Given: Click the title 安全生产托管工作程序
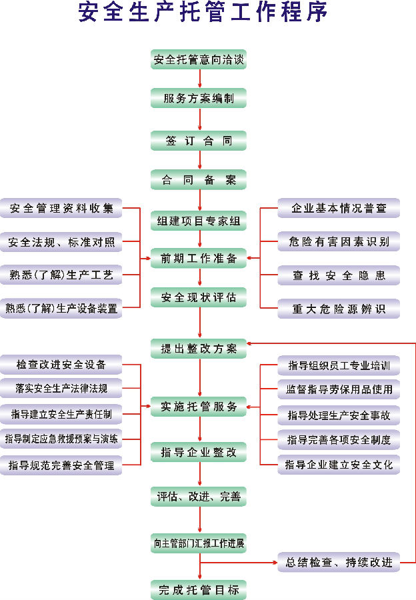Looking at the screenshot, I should click(x=203, y=14).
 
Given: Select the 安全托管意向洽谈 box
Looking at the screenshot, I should click(x=199, y=60).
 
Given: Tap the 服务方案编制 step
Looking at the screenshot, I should click(x=199, y=99).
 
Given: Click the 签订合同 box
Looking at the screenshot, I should click(x=199, y=141).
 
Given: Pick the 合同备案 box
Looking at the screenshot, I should click(x=199, y=179).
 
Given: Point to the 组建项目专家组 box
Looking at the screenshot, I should click(x=199, y=221).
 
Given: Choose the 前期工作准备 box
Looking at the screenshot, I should click(x=199, y=258).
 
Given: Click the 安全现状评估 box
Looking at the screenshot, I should click(x=199, y=297).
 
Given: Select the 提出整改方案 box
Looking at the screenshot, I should click(x=199, y=348).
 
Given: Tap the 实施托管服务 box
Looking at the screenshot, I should click(x=199, y=407).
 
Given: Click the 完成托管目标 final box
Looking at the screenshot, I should click(x=199, y=589).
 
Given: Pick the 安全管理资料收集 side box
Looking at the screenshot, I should click(x=61, y=208).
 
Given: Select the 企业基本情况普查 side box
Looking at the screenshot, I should click(x=339, y=208).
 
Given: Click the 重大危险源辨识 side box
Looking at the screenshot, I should click(x=339, y=309).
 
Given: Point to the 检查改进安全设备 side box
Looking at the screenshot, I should click(x=61, y=365).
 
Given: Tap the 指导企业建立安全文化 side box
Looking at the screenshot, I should click(x=339, y=464).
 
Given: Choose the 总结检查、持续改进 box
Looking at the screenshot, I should click(x=339, y=563).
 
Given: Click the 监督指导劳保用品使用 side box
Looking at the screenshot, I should click(x=339, y=389).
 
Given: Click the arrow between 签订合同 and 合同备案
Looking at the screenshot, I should click(x=199, y=160).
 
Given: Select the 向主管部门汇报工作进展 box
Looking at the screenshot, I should click(x=199, y=543).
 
